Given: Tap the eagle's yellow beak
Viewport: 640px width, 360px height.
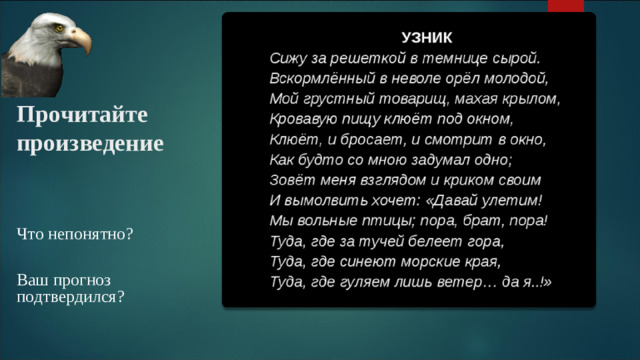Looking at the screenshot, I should [x=81, y=41].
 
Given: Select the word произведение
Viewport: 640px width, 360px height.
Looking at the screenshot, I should [x=89, y=143].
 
